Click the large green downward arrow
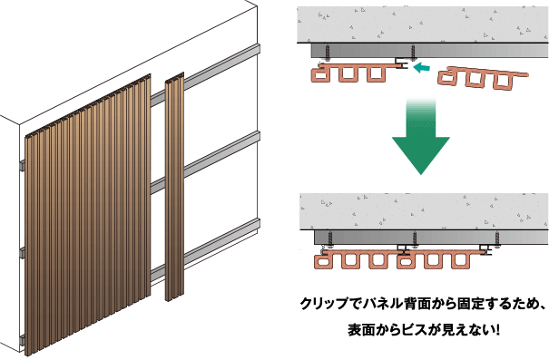click(x=420, y=140)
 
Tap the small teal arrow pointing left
click(x=421, y=67)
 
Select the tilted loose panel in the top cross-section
click(x=483, y=78)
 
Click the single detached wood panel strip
click(x=174, y=187)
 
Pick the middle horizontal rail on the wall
click(x=205, y=162)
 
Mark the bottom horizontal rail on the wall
click(x=205, y=249)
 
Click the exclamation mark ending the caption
click(x=497, y=330)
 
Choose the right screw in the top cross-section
click(x=413, y=52)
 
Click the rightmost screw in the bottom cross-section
click(x=496, y=239)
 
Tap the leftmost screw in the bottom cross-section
click(x=330, y=239)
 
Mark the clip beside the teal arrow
click(x=403, y=63)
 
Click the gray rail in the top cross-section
click(x=430, y=51)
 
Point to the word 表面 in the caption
click(x=362, y=330)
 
